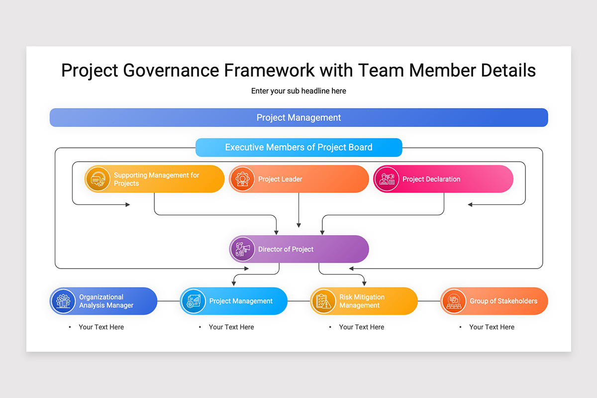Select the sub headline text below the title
pyautogui.click(x=298, y=91)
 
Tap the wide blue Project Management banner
pyautogui.click(x=298, y=118)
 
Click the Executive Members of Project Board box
pyautogui.click(x=298, y=147)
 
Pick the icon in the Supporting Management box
pyautogui.click(x=98, y=179)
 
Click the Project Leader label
pyautogui.click(x=280, y=179)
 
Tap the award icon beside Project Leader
pyautogui.click(x=242, y=179)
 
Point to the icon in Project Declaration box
pyautogui.click(x=387, y=179)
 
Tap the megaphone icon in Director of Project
pyautogui.click(x=242, y=249)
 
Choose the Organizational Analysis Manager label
pyautogui.click(x=106, y=301)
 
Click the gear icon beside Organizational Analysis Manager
pyautogui.click(x=63, y=301)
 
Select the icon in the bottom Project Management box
pyautogui.click(x=193, y=301)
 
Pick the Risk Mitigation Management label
pyautogui.click(x=362, y=301)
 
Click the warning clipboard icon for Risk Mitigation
pyautogui.click(x=323, y=301)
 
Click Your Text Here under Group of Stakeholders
pyautogui.click(x=492, y=327)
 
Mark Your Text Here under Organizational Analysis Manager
pyautogui.click(x=101, y=327)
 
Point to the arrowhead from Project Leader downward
pyautogui.click(x=298, y=225)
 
